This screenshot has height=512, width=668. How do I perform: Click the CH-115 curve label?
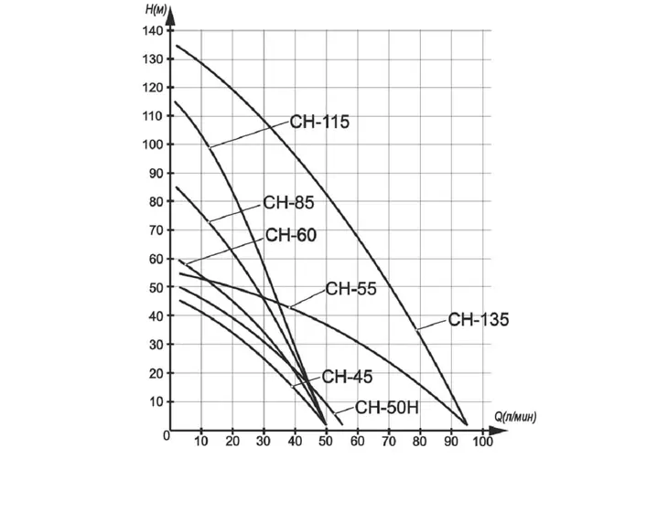click(x=319, y=122)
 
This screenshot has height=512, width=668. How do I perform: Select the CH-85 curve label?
click(x=288, y=203)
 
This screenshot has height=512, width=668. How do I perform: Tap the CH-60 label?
click(x=291, y=235)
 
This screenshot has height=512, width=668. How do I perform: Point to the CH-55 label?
click(x=351, y=289)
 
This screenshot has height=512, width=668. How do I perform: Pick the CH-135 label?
click(x=479, y=319)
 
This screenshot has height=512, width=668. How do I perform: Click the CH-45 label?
click(x=347, y=377)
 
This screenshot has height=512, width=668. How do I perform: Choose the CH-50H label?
click(x=387, y=408)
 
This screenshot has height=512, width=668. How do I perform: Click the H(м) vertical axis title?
click(x=156, y=9)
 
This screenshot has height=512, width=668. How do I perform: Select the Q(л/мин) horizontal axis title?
click(x=515, y=417)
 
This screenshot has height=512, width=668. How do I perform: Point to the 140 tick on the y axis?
click(x=153, y=31)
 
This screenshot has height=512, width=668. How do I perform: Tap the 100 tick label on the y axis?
click(x=153, y=144)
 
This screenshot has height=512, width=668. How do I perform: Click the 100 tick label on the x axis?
click(x=482, y=442)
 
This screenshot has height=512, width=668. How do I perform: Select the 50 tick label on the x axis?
click(x=326, y=442)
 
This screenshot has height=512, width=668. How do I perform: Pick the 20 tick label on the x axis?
click(x=232, y=442)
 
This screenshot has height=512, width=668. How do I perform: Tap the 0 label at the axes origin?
click(x=167, y=436)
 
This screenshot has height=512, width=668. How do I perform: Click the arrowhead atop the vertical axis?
click(x=170, y=16)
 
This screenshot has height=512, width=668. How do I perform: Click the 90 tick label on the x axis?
click(x=451, y=442)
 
